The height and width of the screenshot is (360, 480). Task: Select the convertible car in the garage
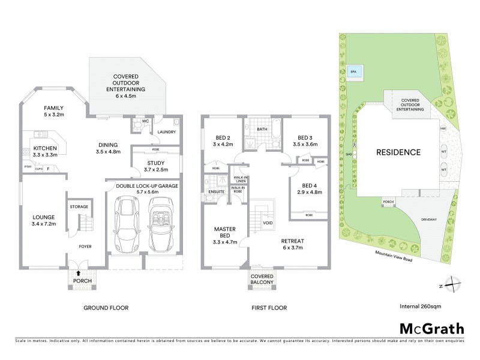[160, 227]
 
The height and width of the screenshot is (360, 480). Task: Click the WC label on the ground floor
[145, 121]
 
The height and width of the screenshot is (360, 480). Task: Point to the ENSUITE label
[217, 192]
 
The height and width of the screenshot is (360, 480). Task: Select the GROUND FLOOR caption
[107, 308]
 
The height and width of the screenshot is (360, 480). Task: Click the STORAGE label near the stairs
[79, 206]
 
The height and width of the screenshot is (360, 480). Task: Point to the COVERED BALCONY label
[262, 278]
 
